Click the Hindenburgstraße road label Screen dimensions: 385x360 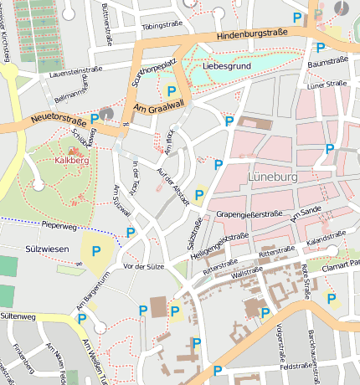coord(251,33)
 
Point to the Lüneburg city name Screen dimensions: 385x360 coord(274,177)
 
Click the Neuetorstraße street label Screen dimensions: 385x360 coord(59,121)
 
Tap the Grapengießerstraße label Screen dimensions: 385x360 coord(249,214)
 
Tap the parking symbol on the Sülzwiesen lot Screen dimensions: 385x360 coord(95,250)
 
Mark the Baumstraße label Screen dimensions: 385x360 coord(327,63)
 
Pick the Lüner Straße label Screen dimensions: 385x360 coord(327,84)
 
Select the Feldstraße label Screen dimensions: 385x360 coord(296,367)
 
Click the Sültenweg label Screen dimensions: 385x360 coord(18,317)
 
